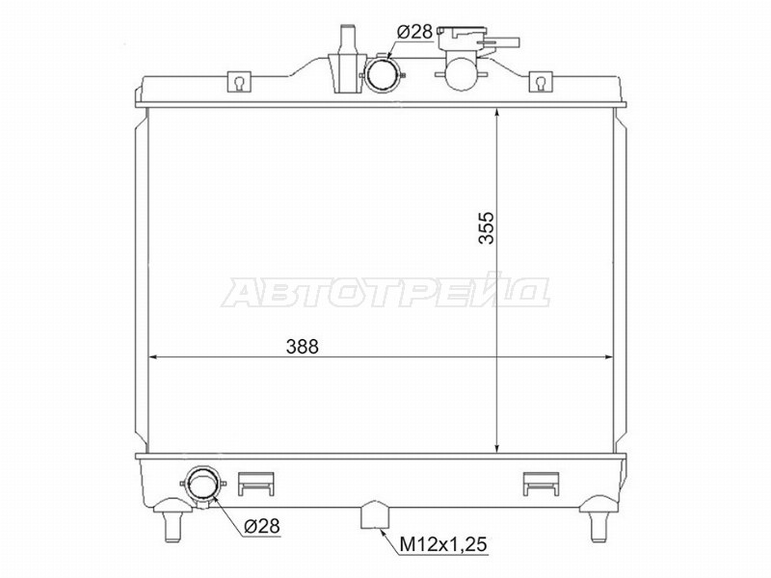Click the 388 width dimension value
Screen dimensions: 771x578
coord(303,347)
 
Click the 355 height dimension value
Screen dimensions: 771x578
coord(488,227)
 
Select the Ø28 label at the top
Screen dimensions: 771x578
coord(414,33)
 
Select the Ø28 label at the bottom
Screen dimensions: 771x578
coord(261,526)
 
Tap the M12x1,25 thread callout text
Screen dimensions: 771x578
coord(442,544)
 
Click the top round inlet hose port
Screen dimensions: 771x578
coord(383,74)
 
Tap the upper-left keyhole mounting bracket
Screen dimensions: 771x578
coord(239,82)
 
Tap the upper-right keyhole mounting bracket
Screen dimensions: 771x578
coord(541,82)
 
